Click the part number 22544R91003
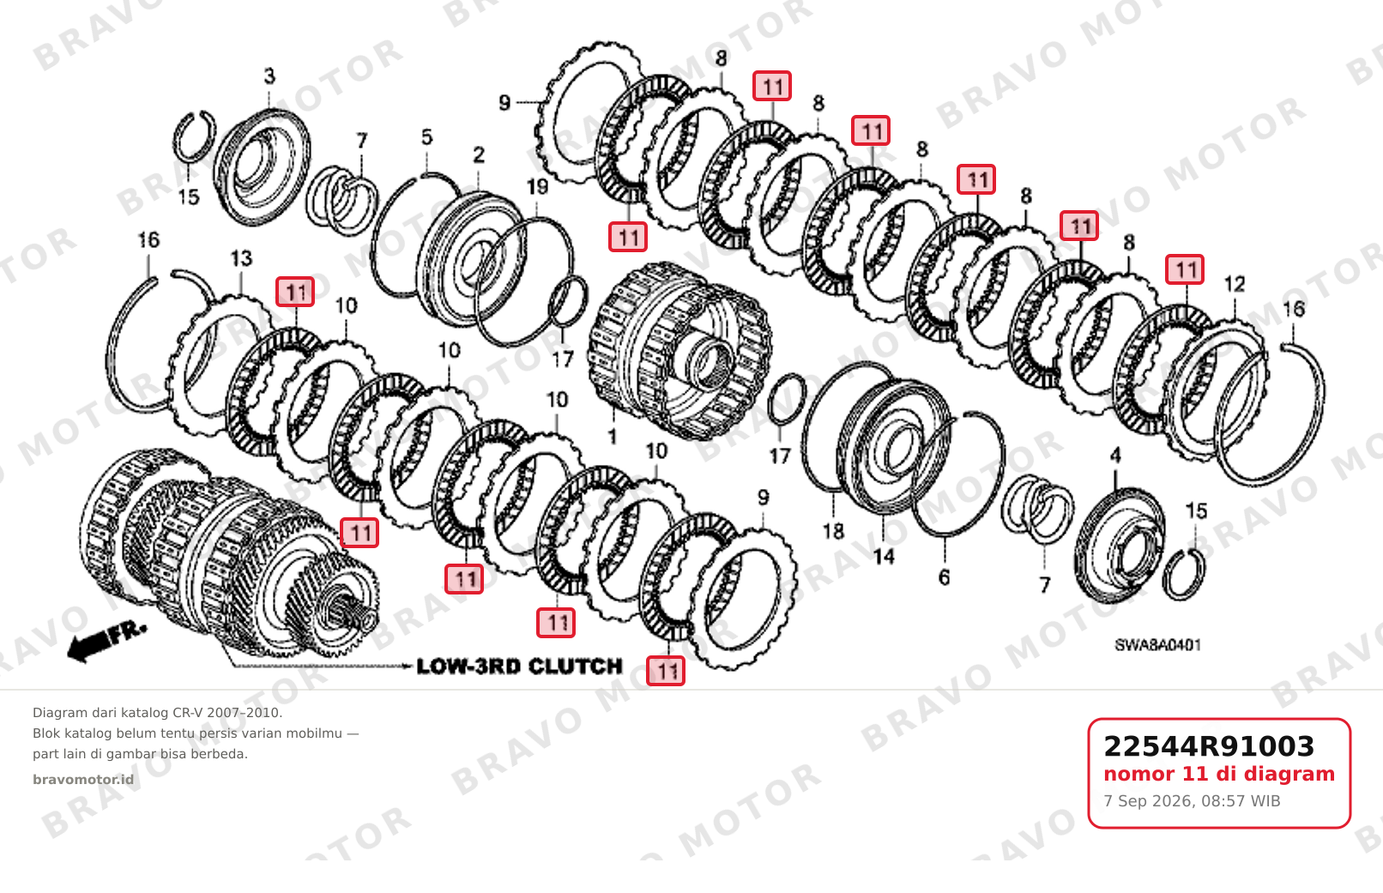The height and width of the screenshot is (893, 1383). point(1209,746)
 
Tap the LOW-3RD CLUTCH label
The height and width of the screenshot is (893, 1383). point(520,667)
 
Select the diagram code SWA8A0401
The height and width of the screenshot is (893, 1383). point(1157,646)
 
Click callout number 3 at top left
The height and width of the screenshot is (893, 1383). point(269,75)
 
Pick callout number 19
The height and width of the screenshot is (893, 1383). point(537,186)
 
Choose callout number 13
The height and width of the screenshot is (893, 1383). point(241,258)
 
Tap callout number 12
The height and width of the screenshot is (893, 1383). point(1235,284)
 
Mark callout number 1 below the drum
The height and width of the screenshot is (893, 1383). point(612,437)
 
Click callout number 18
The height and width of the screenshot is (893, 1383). point(833,531)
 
